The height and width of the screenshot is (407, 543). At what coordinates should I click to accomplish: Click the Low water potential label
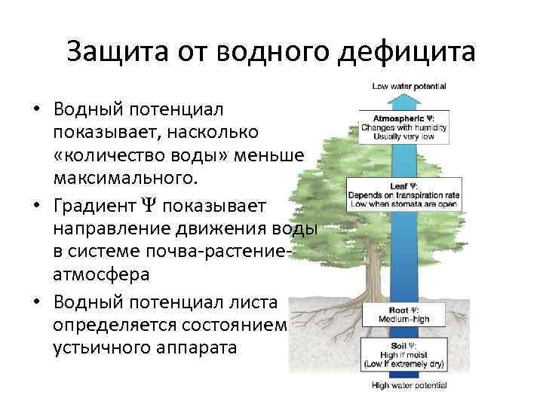pyautogui.click(x=409, y=87)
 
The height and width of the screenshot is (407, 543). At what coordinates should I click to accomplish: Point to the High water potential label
pyautogui.click(x=409, y=385)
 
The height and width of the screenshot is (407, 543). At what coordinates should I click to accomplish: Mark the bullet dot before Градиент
pyautogui.click(x=36, y=205)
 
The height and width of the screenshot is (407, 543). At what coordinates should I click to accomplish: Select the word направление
pyautogui.click(x=113, y=228)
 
